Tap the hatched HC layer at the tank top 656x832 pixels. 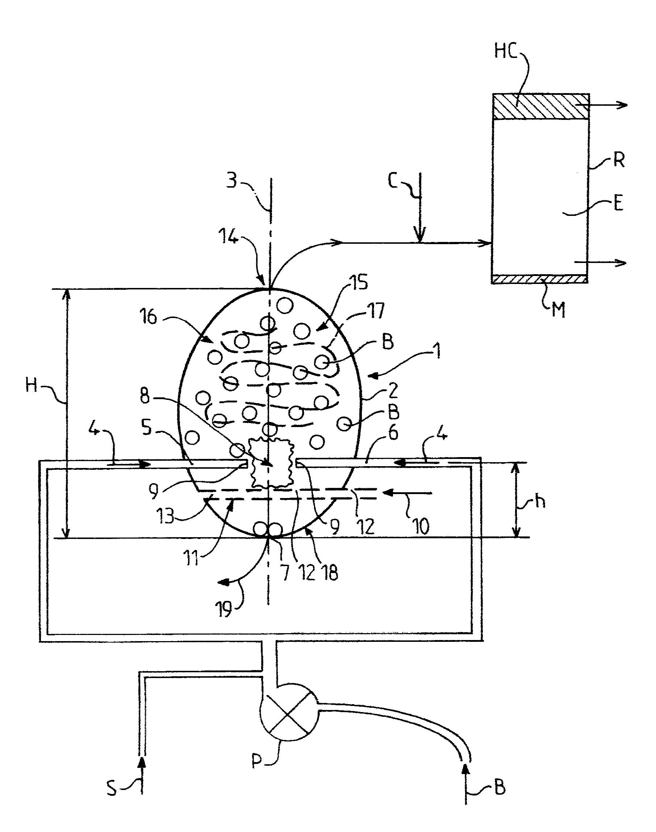tap(540, 106)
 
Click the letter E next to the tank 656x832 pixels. tap(618, 203)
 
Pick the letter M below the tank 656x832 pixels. tap(559, 310)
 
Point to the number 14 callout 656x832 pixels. tap(228, 235)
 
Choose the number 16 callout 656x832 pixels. tap(149, 317)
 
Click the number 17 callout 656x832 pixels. tap(376, 310)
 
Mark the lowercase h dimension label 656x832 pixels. tap(540, 501)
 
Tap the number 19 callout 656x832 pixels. tap(224, 609)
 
